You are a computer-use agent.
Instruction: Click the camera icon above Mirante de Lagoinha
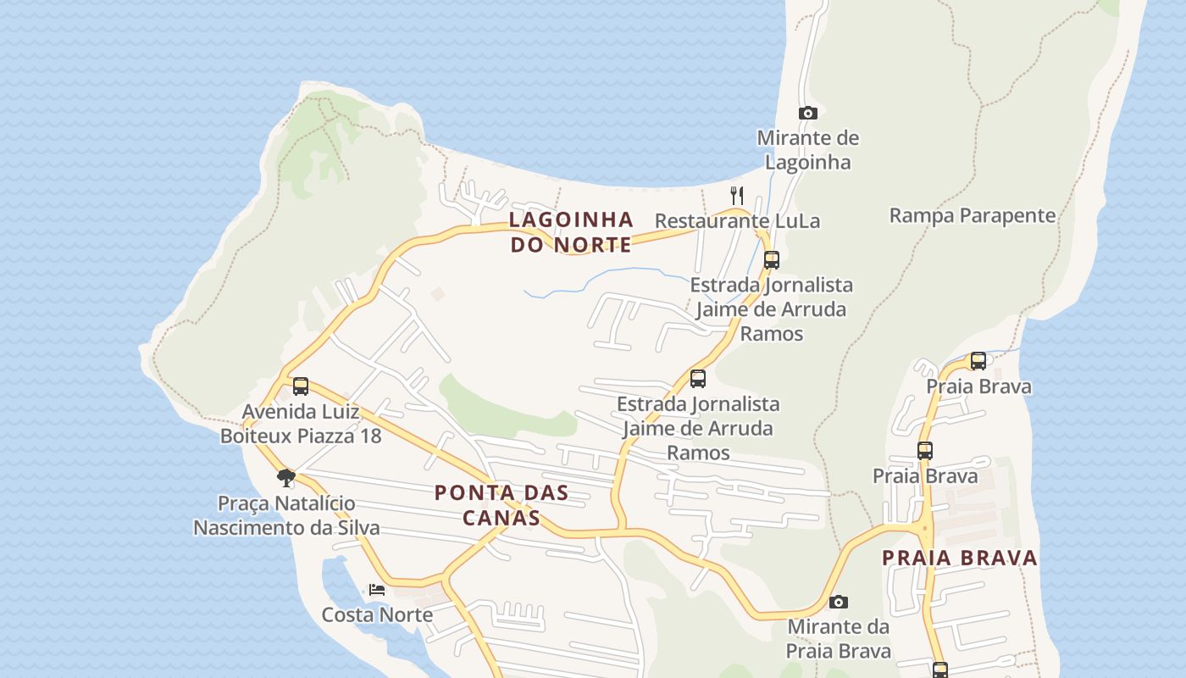click(808, 113)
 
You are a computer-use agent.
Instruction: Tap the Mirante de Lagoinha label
click(807, 150)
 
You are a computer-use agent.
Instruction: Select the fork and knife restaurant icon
click(737, 196)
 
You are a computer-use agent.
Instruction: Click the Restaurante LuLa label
click(737, 221)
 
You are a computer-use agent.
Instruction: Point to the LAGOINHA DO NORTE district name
click(571, 232)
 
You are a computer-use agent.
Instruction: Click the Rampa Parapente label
click(972, 215)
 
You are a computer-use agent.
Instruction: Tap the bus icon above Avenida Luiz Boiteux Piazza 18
click(301, 386)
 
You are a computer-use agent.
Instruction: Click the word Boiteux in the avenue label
click(252, 436)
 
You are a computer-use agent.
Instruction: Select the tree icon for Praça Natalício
click(286, 477)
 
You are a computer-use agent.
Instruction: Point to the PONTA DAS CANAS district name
click(501, 504)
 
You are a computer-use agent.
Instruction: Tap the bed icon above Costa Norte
click(377, 589)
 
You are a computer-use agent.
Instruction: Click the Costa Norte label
click(377, 614)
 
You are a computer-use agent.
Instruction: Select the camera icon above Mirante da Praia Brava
click(839, 602)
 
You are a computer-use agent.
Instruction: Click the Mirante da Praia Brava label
click(838, 639)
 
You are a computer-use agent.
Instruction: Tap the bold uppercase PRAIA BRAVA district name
click(959, 558)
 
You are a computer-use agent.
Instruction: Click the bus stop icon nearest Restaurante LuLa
click(771, 259)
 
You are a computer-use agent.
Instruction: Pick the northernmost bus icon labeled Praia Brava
click(978, 361)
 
